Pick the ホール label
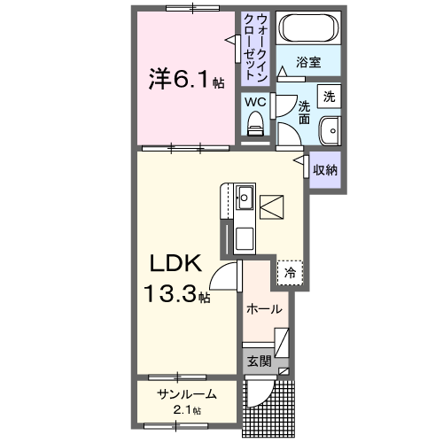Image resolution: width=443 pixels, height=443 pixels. tap(264, 310)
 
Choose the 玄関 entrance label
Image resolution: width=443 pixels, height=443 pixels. tap(258, 361)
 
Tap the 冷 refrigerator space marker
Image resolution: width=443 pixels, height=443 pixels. tap(289, 274)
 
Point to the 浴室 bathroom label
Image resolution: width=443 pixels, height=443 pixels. tap(307, 64)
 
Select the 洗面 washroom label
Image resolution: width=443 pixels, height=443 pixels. tap(303, 111)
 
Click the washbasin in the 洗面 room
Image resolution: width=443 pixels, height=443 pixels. tap(330, 130)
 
